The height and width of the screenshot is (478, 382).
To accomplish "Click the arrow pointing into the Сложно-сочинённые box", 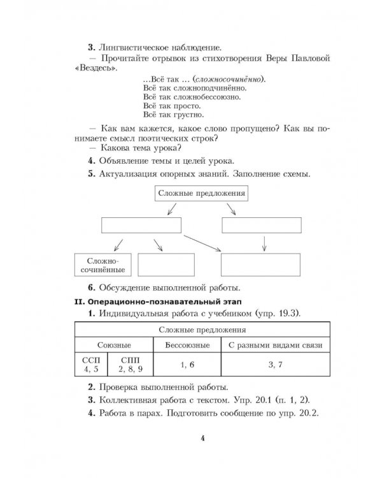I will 117,244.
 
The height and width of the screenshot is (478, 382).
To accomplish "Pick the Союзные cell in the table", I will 115,345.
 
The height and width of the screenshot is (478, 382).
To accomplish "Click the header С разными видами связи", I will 275,345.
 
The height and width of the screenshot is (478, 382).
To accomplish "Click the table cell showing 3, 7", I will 275,365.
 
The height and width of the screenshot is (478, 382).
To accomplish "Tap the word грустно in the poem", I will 188,115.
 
